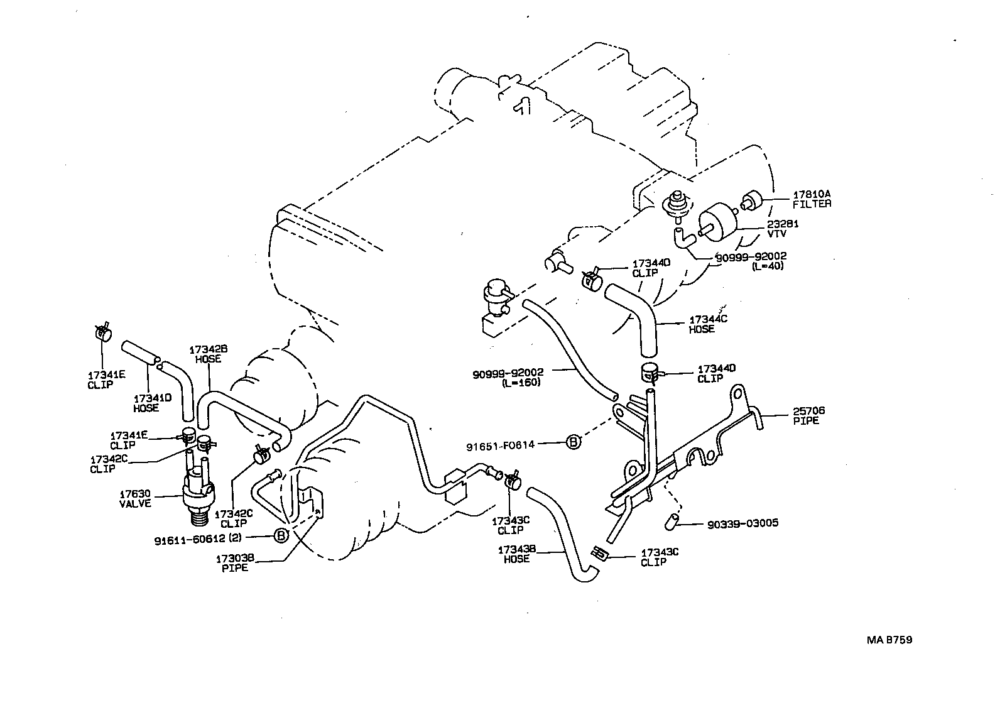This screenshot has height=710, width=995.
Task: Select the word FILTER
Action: [x=812, y=204]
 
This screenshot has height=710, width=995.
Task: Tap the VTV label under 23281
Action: [x=776, y=233]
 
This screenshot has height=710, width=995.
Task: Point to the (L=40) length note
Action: [x=768, y=266]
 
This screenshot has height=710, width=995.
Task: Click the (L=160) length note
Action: [x=521, y=383]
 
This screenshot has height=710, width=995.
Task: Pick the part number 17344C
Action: [x=708, y=319]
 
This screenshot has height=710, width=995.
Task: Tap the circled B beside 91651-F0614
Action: [x=574, y=442]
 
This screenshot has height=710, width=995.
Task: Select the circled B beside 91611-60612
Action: [x=281, y=535]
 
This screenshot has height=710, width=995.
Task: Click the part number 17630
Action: [x=134, y=494]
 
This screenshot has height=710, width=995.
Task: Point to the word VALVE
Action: [x=134, y=503]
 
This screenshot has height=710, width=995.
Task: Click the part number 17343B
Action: [x=517, y=550]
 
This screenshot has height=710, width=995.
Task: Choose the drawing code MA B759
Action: [x=889, y=640]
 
